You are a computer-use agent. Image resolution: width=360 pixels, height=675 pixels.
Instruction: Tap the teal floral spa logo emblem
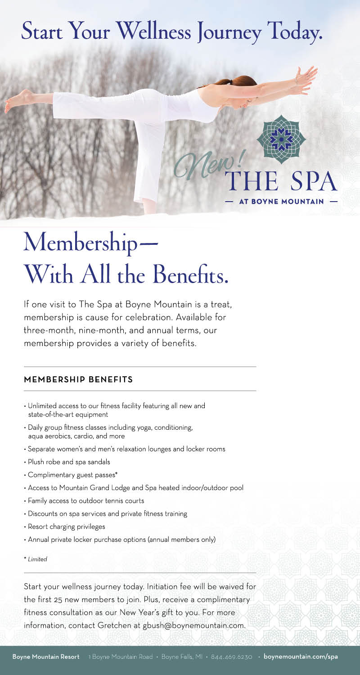pos(281,139)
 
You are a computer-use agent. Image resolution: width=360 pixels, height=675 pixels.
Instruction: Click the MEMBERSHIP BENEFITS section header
pos(78,379)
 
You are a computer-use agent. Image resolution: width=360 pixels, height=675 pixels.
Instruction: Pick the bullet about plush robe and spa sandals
pos(70,461)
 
